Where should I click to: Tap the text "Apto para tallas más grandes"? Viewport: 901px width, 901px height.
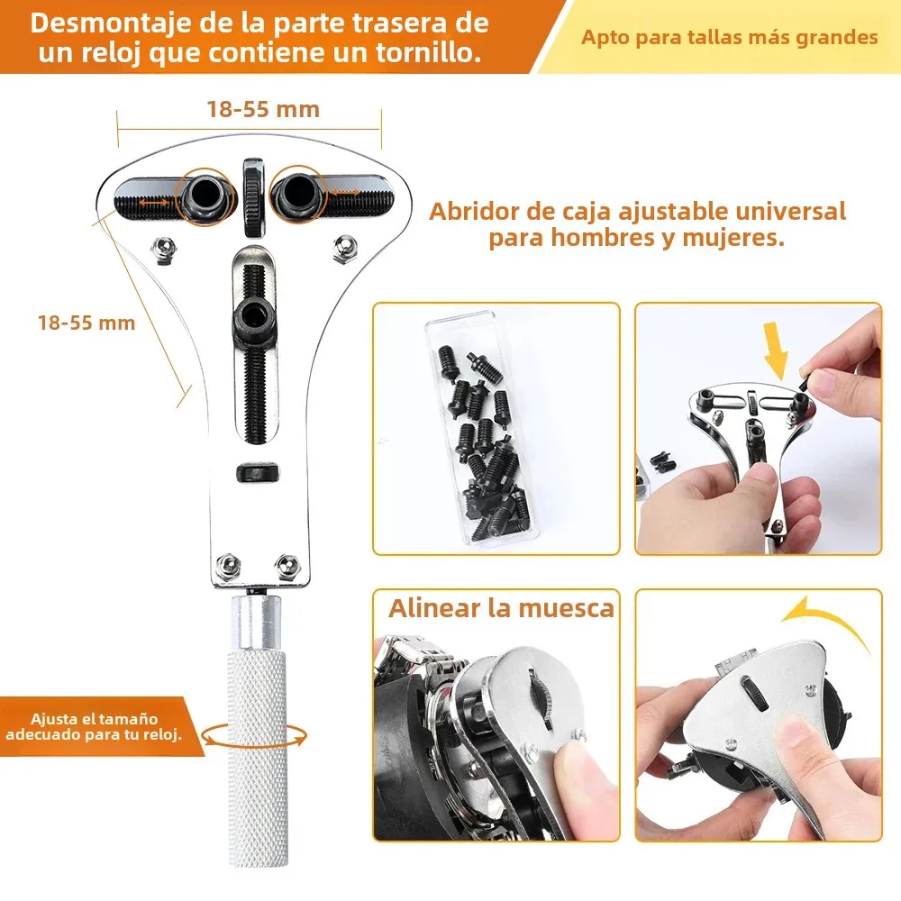click(729, 38)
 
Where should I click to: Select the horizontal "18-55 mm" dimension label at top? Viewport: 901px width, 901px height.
click(262, 110)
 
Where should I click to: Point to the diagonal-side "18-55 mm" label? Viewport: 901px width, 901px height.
click(86, 322)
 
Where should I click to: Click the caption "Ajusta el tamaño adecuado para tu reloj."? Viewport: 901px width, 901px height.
click(94, 726)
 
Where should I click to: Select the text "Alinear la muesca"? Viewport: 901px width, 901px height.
click(501, 607)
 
